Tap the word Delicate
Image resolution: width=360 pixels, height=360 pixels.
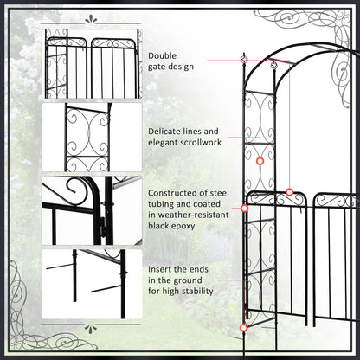(x=170, y=131)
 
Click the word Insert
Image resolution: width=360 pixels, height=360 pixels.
(x=163, y=270)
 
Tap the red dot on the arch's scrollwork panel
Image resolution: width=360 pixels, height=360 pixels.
(x=259, y=161)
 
